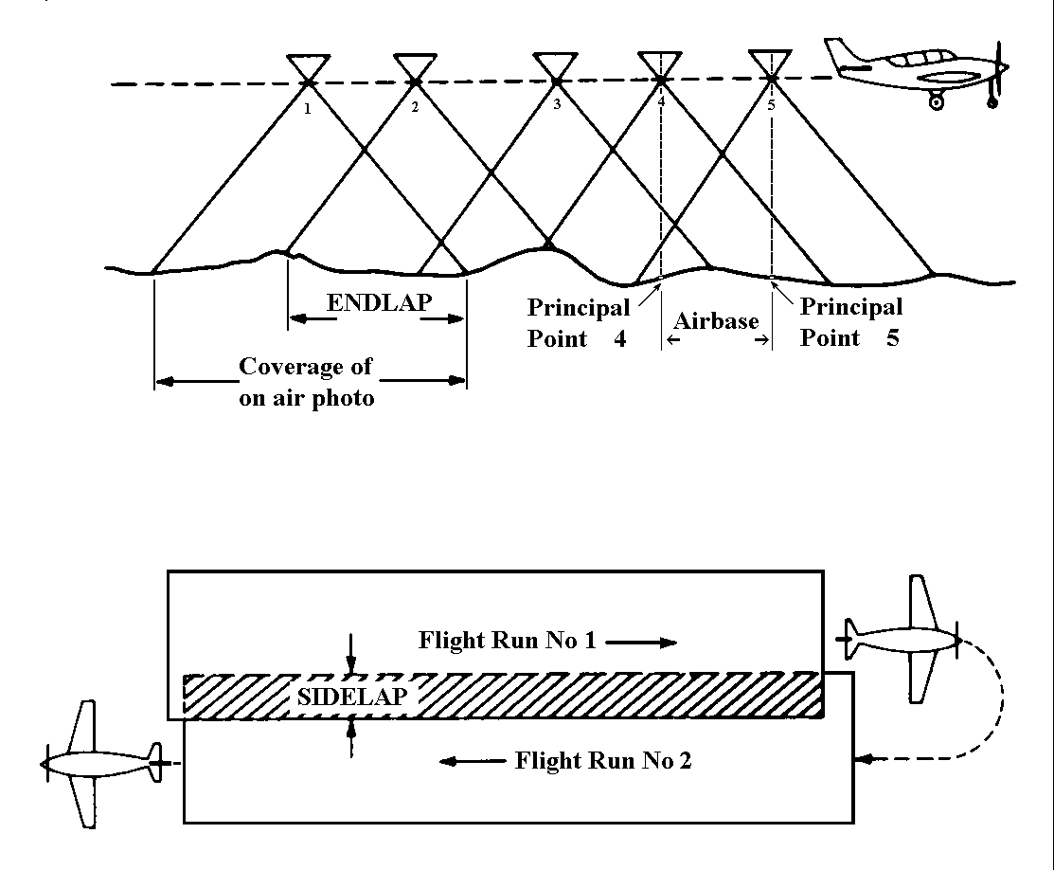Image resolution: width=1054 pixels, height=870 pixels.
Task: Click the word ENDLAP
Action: [x=378, y=303]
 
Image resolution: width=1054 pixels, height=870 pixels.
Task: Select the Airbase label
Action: [x=716, y=321]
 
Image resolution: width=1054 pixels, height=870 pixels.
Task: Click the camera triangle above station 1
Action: [x=308, y=67]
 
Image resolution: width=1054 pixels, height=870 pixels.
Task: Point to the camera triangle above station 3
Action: [x=555, y=66]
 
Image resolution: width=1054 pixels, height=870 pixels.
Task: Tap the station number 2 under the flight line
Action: [x=415, y=107]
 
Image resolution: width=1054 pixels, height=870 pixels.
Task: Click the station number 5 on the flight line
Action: [x=771, y=105]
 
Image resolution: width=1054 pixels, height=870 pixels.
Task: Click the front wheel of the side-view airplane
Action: [x=937, y=102]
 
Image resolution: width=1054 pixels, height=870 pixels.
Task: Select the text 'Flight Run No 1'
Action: [x=507, y=641]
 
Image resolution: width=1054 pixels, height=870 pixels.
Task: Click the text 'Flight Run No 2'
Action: [x=603, y=760]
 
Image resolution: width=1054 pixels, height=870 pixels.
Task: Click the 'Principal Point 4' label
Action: [x=578, y=323]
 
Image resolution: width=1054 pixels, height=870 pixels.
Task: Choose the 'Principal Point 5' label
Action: [x=850, y=322]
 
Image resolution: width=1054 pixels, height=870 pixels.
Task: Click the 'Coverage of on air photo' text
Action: [x=306, y=382]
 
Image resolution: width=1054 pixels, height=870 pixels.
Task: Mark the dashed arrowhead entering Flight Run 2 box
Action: [x=862, y=758]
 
